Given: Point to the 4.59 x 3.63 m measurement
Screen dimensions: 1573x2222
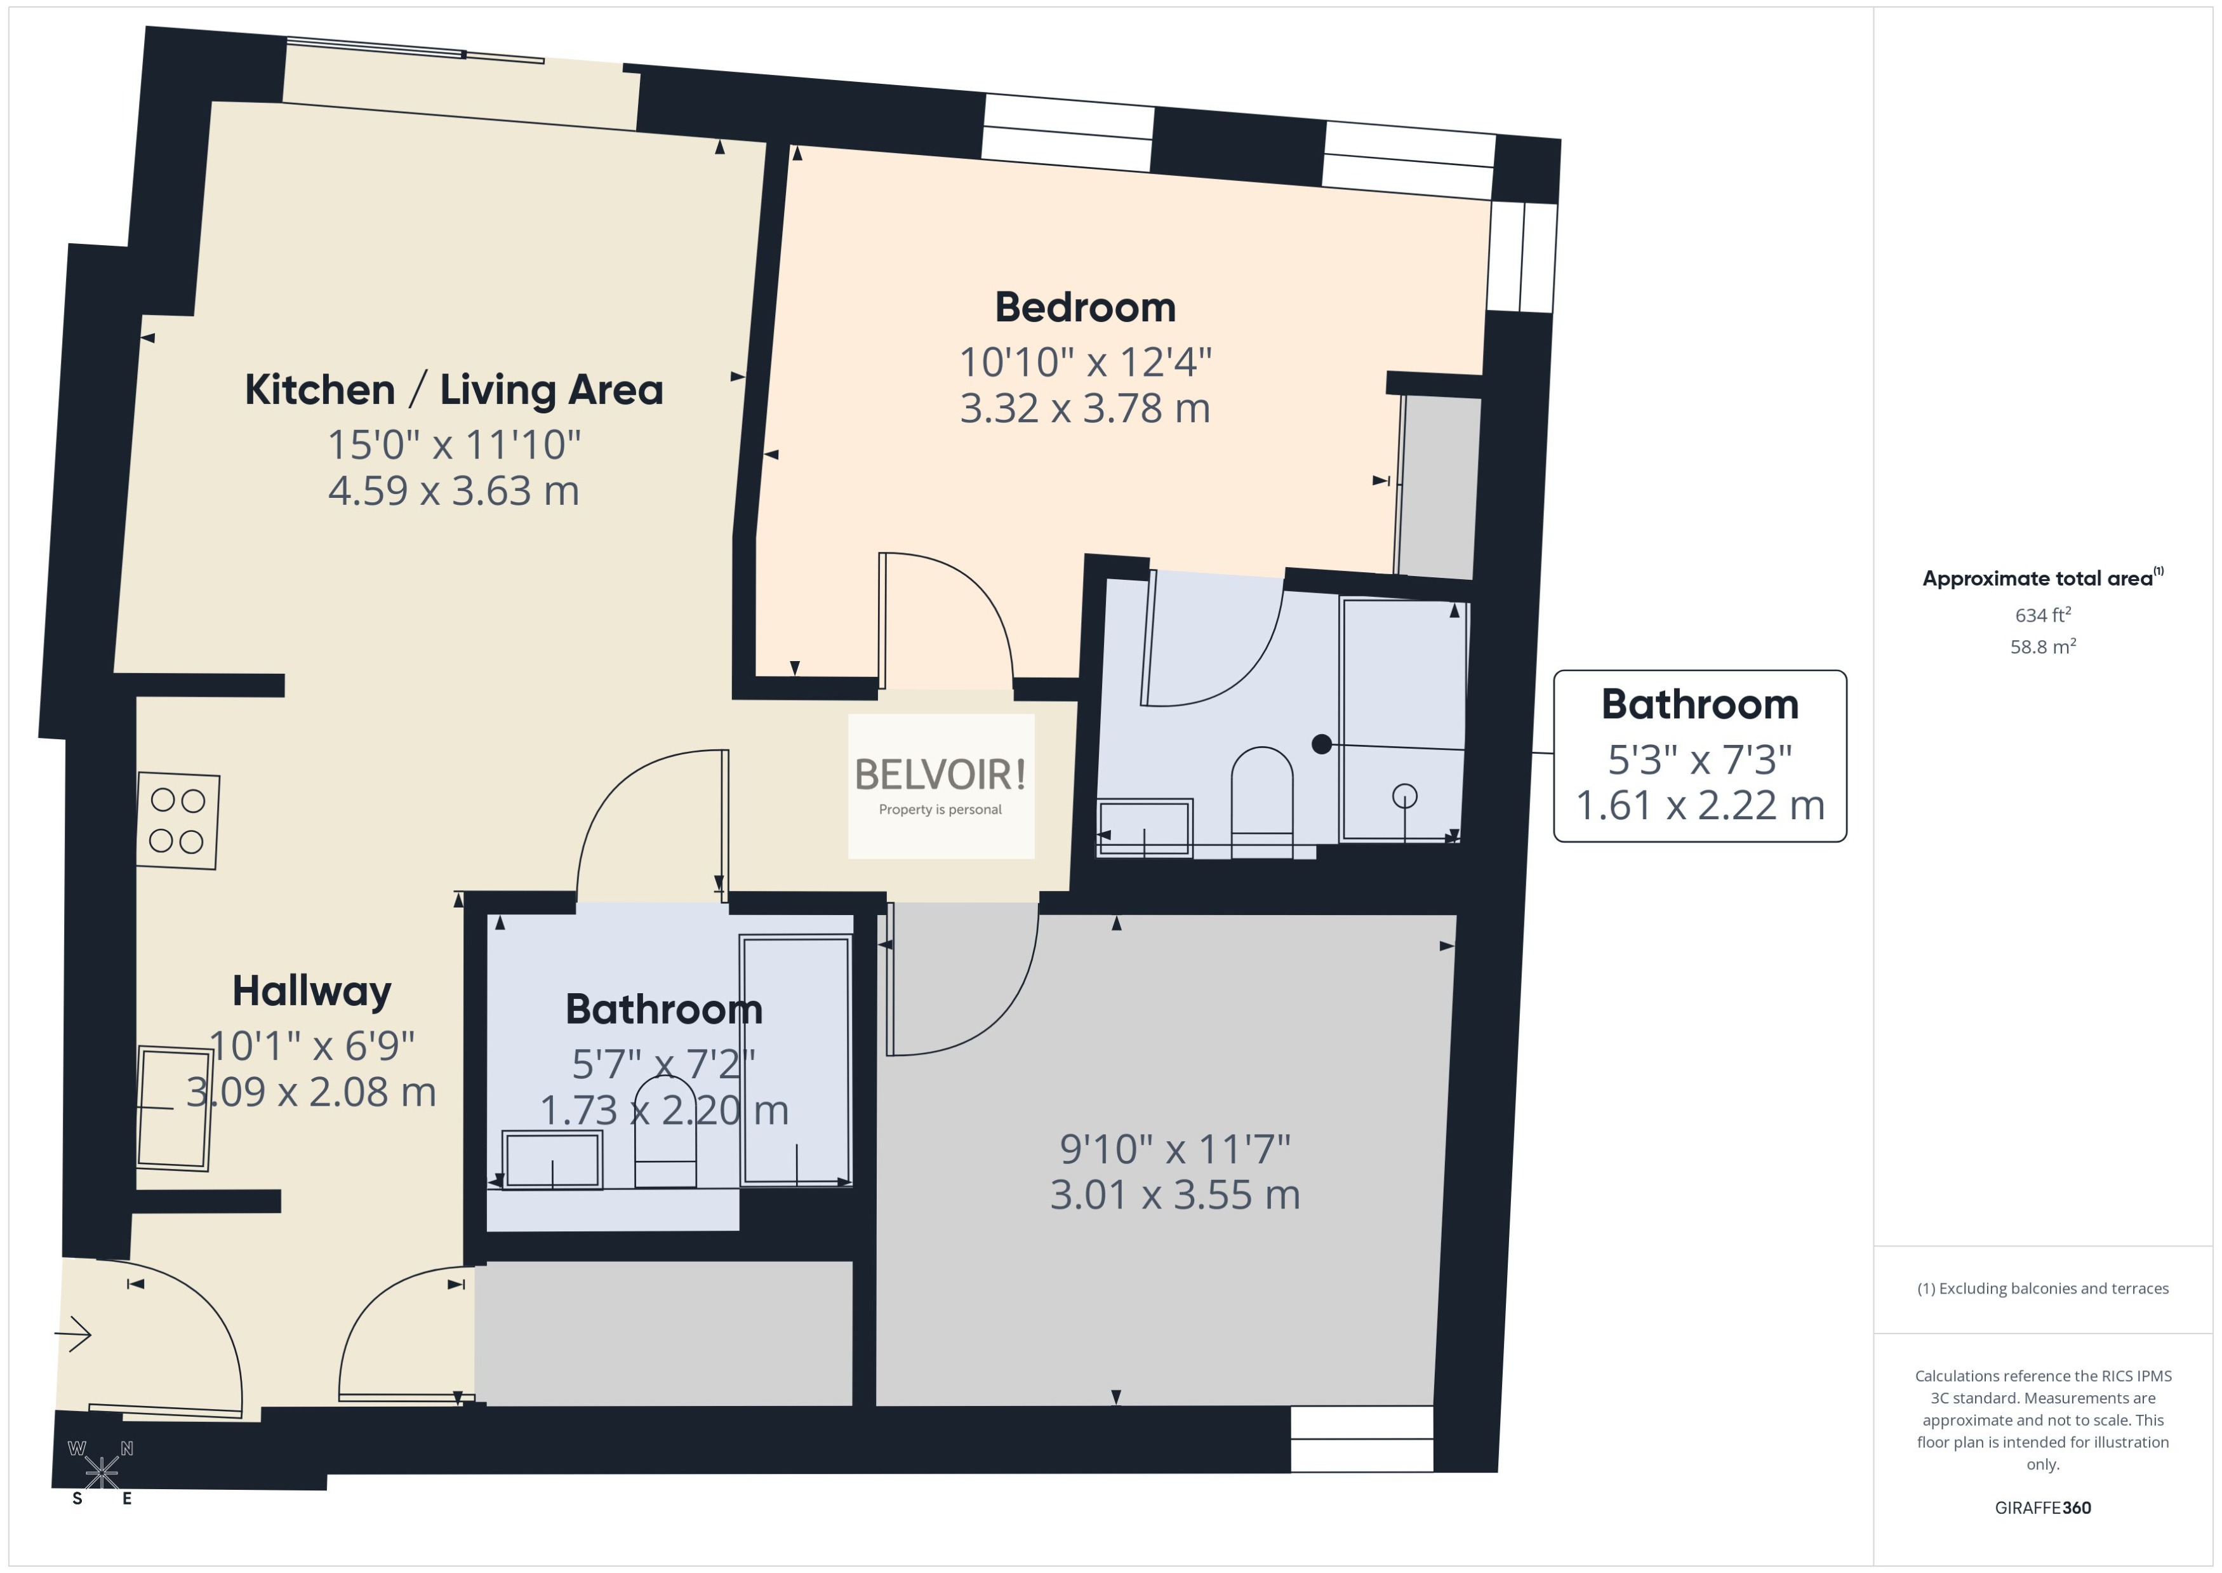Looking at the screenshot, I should coord(453,490).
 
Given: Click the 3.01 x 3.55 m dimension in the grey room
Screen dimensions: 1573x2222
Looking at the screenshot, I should coord(1174,1195).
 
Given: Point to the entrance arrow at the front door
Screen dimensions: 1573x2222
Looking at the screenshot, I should coord(74,1335).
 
